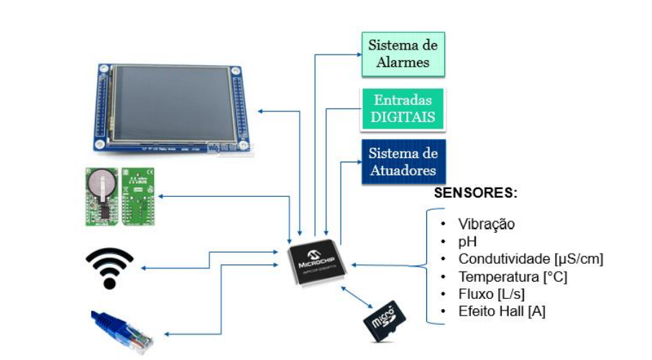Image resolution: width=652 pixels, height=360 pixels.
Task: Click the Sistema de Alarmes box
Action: pyautogui.click(x=403, y=54)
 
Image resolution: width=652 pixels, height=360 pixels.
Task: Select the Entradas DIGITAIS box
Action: pyautogui.click(x=403, y=109)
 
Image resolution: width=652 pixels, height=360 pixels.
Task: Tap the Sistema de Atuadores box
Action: pyautogui.click(x=403, y=162)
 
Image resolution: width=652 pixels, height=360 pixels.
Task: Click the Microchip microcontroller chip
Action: pyautogui.click(x=317, y=262)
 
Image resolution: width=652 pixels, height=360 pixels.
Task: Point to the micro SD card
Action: pyautogui.click(x=387, y=320)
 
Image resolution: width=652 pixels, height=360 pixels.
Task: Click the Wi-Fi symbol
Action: pyautogui.click(x=109, y=267)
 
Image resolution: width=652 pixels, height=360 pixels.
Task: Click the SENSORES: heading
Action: pyautogui.click(x=477, y=194)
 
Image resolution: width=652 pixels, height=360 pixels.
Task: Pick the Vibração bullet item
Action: pyautogui.click(x=486, y=224)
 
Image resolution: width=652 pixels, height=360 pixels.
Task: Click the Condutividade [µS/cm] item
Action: pyautogui.click(x=531, y=259)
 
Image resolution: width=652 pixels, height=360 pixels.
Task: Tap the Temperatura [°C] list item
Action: pyautogui.click(x=511, y=277)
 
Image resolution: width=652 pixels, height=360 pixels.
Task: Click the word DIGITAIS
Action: pyautogui.click(x=403, y=117)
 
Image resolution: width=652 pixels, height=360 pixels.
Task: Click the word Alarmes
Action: pyautogui.click(x=403, y=63)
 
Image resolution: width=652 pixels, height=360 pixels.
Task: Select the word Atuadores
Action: pyautogui.click(x=403, y=171)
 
